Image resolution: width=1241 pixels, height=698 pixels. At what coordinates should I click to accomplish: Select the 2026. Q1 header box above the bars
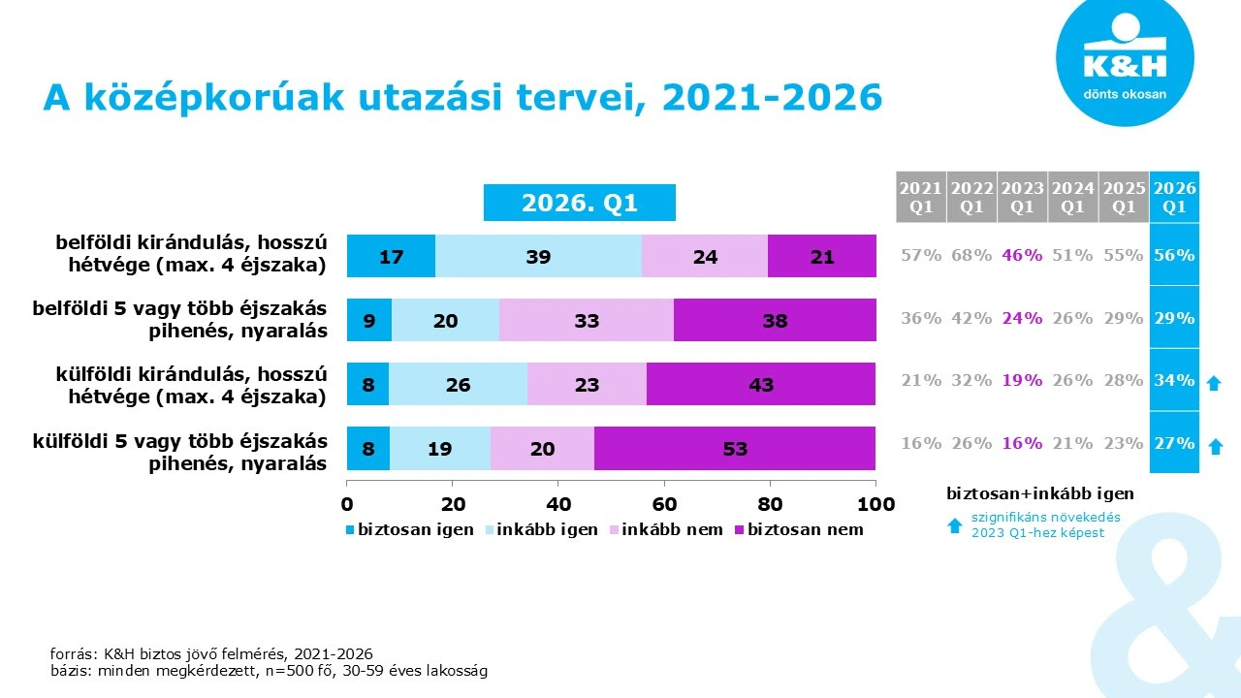pos(580,204)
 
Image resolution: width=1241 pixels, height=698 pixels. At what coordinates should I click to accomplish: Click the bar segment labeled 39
pos(538,257)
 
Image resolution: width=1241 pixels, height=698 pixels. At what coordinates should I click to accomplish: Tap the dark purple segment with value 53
pos(735,448)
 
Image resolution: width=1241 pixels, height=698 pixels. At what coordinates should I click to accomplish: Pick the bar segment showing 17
pos(391,257)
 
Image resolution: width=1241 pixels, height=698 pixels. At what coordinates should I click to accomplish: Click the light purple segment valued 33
pos(587,320)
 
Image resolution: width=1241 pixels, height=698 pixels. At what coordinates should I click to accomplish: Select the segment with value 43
pos(761,385)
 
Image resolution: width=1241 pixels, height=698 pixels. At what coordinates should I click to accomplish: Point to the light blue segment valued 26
pos(458,385)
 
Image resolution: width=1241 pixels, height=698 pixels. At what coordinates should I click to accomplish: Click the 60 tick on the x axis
pos(664,503)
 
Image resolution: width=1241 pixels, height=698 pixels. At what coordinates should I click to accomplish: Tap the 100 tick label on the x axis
pos(875,503)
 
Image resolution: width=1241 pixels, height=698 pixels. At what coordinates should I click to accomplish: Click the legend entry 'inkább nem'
pos(665,529)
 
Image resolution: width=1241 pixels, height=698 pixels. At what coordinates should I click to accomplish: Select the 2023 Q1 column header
pos(1022,197)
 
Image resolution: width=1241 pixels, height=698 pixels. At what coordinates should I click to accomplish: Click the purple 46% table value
pos(1022,255)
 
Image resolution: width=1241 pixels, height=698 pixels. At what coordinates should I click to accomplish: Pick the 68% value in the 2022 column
pos(971,255)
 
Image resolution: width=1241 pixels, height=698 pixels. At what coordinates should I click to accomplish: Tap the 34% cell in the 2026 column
pos(1174,380)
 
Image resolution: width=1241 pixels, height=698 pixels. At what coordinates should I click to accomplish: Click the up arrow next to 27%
pos(1213,446)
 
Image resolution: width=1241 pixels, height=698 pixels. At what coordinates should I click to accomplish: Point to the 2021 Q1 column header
pos(920,197)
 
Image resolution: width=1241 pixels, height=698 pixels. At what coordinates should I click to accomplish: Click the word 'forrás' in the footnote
pos(71,653)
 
